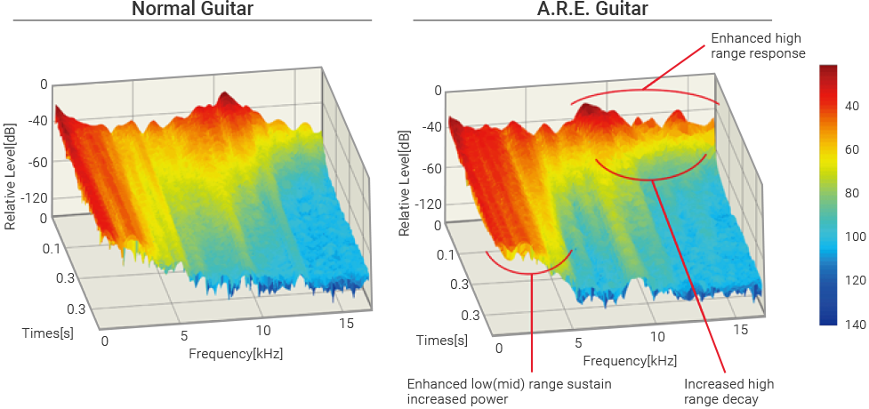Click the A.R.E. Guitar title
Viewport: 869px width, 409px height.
[x=582, y=10]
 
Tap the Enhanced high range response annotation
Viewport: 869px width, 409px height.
[x=758, y=46]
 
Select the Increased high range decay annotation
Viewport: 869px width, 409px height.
[x=728, y=391]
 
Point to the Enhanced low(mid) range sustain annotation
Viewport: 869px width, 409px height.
[x=508, y=391]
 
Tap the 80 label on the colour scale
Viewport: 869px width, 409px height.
[x=850, y=193]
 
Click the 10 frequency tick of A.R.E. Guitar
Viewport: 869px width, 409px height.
[x=656, y=338]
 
